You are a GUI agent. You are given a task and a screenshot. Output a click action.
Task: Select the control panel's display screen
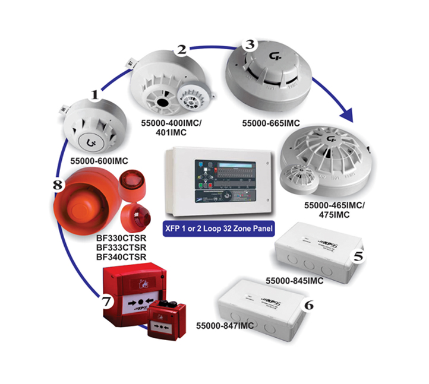point(226,166)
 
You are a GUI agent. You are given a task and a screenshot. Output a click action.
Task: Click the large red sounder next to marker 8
point(83,202)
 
